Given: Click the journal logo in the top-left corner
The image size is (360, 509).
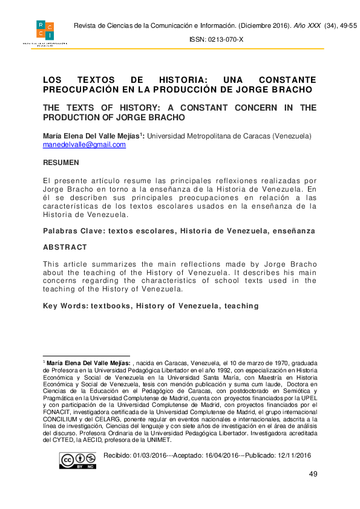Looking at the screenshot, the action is pyautogui.click(x=45, y=34).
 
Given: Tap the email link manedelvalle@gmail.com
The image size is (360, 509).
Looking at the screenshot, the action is pyautogui.click(x=84, y=145).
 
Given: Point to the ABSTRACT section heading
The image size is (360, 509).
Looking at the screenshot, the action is pyautogui.click(x=65, y=247).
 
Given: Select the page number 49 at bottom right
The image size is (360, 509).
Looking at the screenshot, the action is pyautogui.click(x=313, y=473).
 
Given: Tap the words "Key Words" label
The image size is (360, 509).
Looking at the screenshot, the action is pyautogui.click(x=64, y=306).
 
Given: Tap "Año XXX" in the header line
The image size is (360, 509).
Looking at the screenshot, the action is pyautogui.click(x=307, y=25).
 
